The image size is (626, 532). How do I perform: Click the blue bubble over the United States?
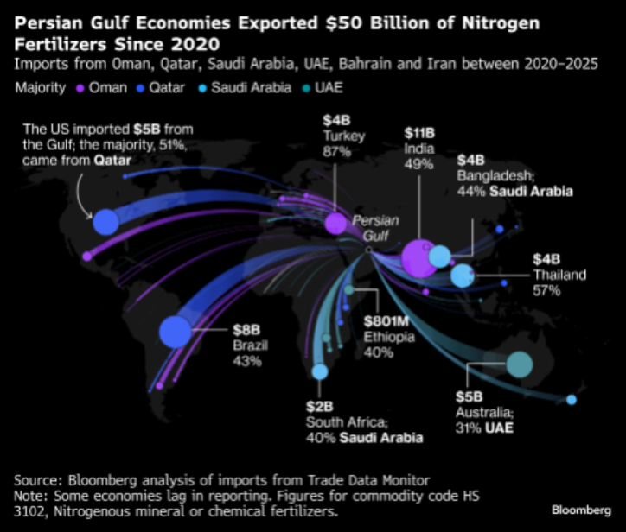click(105, 222)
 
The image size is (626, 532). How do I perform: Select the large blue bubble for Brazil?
click(175, 331)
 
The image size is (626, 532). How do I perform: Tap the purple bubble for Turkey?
click(335, 224)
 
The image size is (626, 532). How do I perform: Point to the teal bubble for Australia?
click(519, 364)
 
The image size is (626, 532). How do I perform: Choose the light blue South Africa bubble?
click(320, 372)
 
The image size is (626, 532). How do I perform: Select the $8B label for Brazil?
click(245, 330)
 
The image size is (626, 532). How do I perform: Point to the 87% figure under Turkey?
click(336, 151)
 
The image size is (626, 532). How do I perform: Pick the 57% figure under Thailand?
click(547, 290)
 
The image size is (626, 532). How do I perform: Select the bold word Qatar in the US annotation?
click(111, 161)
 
